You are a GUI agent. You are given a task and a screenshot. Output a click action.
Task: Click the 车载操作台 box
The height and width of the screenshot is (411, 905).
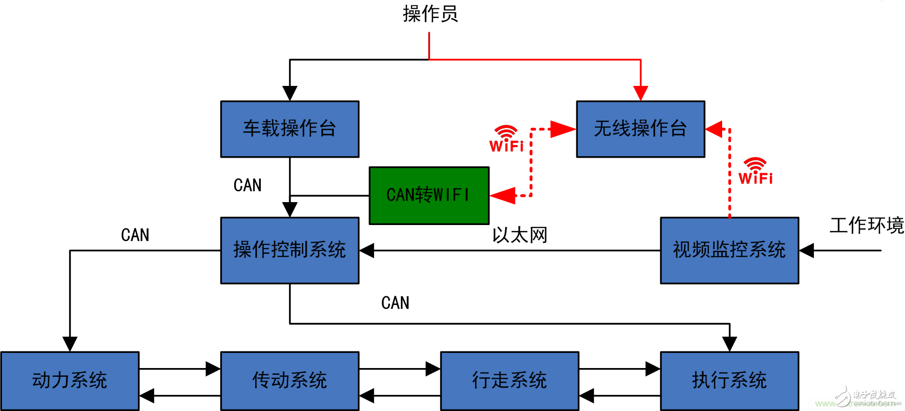coord(290,129)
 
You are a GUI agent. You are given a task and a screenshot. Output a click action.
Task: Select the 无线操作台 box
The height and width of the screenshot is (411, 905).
coord(640,129)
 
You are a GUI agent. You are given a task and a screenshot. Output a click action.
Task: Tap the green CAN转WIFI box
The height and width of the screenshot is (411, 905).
coord(429,195)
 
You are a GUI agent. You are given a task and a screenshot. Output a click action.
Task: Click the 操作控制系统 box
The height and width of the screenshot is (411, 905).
coord(290,250)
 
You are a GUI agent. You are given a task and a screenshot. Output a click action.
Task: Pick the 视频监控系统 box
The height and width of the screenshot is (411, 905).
coord(729,250)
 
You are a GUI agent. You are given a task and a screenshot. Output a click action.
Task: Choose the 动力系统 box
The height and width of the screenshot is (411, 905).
coord(70,380)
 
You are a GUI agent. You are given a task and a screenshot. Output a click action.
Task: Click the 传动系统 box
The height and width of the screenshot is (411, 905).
coord(290,380)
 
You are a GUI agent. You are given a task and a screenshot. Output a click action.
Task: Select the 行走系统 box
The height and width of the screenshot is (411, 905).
coord(510,380)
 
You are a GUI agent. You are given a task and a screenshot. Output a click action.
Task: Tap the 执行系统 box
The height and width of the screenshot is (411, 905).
coord(729,380)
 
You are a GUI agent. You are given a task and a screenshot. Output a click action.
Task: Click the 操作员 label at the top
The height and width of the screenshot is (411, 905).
coord(430,14)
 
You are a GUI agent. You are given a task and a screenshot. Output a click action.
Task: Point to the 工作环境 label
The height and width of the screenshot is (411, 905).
coord(866,226)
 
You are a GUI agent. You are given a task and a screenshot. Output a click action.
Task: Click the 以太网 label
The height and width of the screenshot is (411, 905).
coord(520,235)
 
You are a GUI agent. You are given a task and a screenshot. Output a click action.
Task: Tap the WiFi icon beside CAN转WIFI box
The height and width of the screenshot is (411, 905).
coord(506,139)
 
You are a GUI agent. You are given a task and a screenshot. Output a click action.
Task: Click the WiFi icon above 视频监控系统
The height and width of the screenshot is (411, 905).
coord(755,171)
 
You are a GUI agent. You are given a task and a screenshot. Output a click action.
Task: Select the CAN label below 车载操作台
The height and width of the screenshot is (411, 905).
coord(248,185)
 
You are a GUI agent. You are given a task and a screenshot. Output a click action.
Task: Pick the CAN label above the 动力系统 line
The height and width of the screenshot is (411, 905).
coord(135,235)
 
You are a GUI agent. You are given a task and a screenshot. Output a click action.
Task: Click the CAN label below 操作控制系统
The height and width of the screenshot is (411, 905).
coord(395,303)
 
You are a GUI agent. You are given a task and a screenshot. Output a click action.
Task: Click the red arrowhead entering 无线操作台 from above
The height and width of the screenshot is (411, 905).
coord(640,93)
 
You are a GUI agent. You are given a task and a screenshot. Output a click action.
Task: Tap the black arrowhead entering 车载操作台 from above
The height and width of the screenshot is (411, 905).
coord(290,93)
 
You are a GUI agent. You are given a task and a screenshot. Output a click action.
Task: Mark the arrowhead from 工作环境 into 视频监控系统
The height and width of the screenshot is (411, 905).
coord(807,250)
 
